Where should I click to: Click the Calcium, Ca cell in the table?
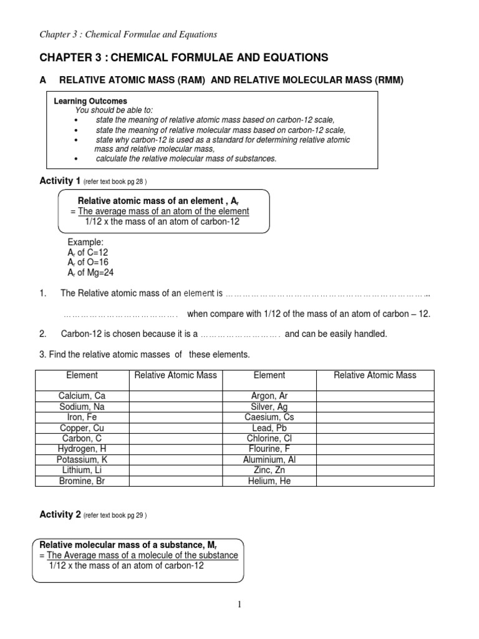82,396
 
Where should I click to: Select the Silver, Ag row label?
269,407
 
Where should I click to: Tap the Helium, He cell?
269,481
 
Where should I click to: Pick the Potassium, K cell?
82,460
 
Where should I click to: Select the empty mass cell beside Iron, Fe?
176,417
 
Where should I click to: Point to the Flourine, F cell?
269,449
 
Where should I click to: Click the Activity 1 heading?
60,181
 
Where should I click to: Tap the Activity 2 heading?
60,515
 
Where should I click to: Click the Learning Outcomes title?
90,101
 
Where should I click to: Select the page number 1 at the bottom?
239,605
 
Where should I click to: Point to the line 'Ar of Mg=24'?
90,273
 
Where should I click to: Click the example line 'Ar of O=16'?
88,263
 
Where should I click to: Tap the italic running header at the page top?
128,34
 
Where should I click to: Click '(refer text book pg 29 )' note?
115,515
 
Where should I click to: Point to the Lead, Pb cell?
269,428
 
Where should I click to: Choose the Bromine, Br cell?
82,481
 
